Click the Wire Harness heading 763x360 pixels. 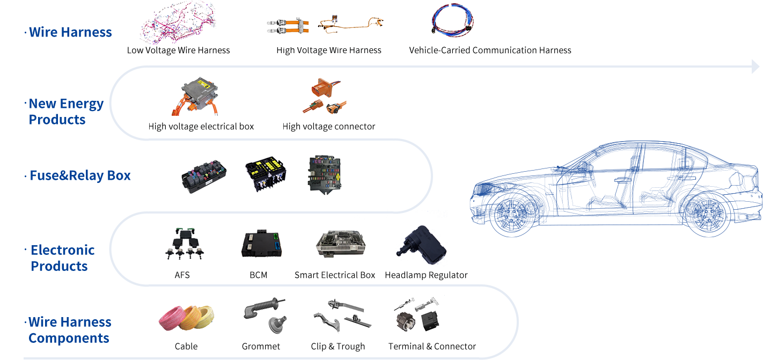point(70,32)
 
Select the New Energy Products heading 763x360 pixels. point(65,112)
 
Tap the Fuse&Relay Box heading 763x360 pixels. point(80,175)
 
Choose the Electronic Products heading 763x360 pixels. point(62,258)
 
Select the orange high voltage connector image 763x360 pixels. point(324,96)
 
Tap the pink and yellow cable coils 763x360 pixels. point(186,318)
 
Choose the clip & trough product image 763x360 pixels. point(342,315)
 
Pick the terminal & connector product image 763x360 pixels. point(419,314)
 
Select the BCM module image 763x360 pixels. point(261,244)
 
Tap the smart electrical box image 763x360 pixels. point(340,244)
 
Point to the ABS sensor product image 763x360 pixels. point(184,244)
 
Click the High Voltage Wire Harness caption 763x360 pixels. point(328,50)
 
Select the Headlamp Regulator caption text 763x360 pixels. point(426,275)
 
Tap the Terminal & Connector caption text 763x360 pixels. point(432,347)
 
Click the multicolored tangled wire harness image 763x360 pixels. point(177,23)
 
